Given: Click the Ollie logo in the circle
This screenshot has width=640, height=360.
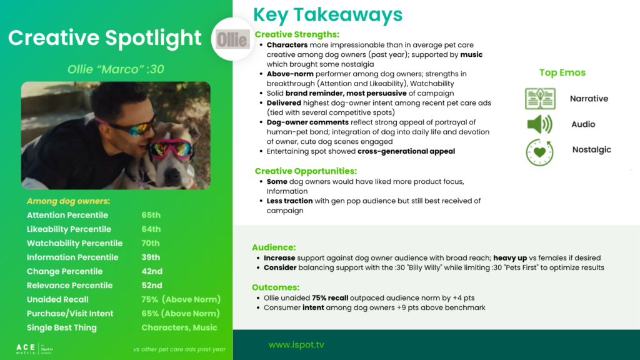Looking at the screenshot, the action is tap(232, 39).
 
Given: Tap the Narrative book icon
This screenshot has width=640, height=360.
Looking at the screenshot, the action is tap(540, 98).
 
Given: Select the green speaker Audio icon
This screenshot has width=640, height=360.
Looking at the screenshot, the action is tap(539, 124).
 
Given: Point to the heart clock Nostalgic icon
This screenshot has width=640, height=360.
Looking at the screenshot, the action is tap(539, 152).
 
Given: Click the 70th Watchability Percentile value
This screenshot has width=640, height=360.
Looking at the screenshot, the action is tap(151, 243).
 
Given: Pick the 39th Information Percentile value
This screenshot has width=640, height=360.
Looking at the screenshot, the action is tap(151, 257).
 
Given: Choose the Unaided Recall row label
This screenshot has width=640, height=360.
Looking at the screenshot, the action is tap(57, 299).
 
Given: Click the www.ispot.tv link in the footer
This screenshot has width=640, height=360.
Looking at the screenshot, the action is tap(296, 345).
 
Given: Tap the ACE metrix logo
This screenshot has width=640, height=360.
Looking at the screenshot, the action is tap(35, 349).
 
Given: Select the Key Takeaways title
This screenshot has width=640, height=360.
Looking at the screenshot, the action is tap(327, 15).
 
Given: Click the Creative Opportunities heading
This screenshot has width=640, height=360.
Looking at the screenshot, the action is tap(306, 171).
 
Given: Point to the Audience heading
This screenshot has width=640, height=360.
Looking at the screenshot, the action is tap(274, 247).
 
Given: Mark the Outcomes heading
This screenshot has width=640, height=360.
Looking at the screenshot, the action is tap(276, 287).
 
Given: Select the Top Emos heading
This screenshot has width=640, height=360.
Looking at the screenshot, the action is tap(562, 72).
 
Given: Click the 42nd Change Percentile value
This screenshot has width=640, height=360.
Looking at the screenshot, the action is tap(152, 271).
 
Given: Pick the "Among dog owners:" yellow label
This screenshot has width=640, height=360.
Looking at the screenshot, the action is tap(68, 201).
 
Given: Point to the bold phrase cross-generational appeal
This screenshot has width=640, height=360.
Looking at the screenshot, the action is tap(406, 151).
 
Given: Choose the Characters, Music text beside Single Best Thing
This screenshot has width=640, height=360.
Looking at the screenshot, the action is tap(179, 327).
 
